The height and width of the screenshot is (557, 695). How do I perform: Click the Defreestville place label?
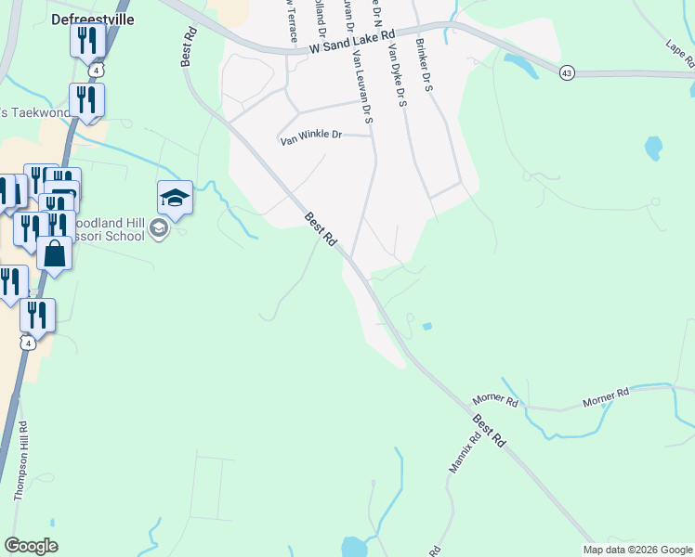tap(92, 18)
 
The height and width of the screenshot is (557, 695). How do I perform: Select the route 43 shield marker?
tap(567, 72)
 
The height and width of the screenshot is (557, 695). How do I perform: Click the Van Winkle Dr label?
tap(311, 136)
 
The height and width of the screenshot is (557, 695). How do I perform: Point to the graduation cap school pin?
tap(175, 198)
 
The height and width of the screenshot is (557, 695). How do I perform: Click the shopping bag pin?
tap(55, 253)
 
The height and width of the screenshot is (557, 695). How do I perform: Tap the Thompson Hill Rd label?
tap(21, 460)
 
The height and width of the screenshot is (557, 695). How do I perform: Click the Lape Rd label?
tap(680, 53)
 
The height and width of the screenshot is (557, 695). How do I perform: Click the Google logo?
tap(31, 546)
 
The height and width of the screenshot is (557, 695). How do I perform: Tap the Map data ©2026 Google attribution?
tap(636, 550)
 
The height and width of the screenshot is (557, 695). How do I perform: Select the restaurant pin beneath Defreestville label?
tap(87, 41)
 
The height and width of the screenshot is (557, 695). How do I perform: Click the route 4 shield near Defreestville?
tap(97, 70)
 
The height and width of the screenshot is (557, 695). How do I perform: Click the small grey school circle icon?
tap(159, 228)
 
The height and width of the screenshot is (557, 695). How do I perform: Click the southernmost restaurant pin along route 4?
tap(37, 316)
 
